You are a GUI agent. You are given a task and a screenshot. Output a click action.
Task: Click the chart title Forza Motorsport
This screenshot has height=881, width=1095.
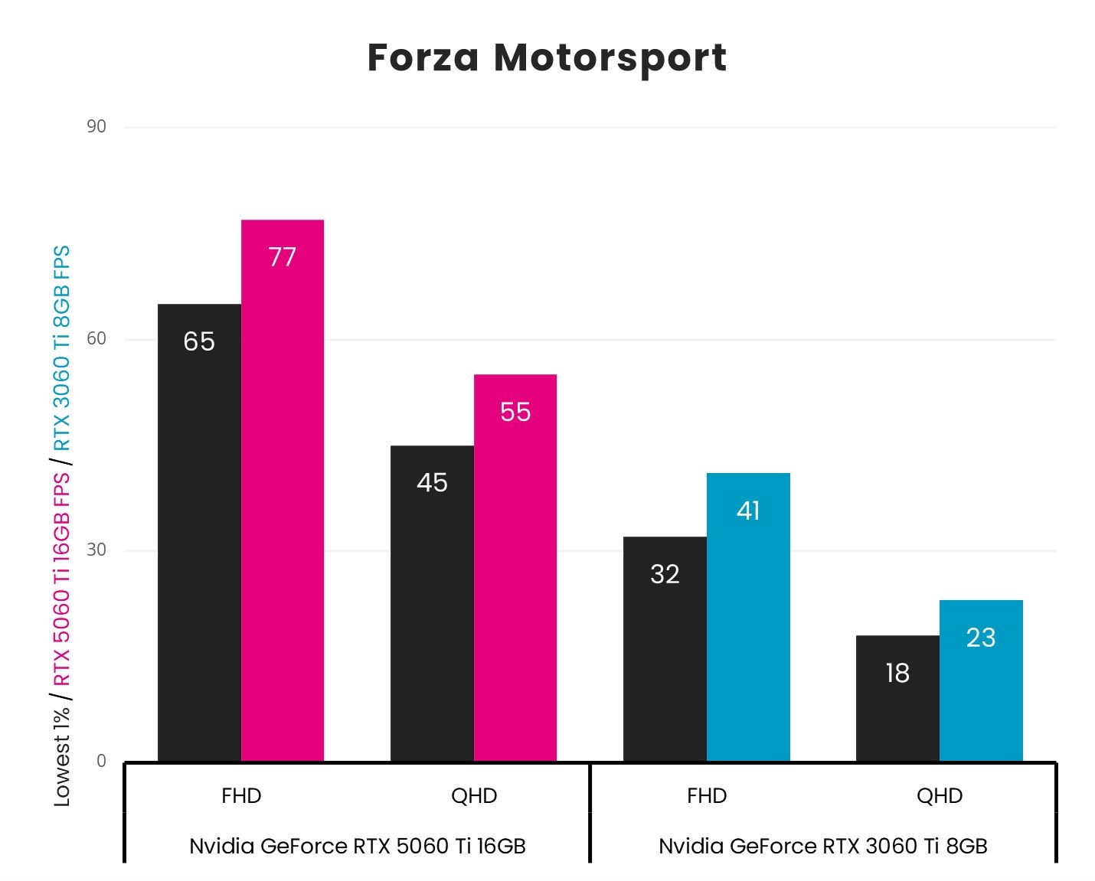547,58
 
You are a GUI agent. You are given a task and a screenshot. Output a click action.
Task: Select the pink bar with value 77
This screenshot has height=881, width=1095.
283,490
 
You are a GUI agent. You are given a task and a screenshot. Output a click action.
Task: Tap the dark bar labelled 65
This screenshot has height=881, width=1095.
199,532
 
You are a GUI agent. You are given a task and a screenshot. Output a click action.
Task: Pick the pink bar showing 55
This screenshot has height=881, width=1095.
515,567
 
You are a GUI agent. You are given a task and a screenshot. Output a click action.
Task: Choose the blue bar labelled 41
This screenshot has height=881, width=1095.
748,617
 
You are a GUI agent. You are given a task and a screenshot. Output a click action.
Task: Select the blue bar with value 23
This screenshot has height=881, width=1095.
981,680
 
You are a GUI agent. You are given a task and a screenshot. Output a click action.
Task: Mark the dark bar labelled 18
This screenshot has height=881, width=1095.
897,698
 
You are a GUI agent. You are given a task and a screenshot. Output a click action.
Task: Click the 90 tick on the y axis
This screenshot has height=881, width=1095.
96,126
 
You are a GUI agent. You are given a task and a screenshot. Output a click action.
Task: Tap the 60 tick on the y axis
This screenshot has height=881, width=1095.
96,338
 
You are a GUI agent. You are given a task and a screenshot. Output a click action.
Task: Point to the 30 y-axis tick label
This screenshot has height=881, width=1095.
96,550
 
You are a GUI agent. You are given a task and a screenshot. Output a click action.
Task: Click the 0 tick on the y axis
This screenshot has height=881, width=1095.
101,762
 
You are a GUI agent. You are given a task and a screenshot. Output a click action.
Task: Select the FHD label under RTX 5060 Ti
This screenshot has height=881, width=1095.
241,796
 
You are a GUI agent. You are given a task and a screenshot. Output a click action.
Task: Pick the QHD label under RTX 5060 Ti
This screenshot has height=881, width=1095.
474,796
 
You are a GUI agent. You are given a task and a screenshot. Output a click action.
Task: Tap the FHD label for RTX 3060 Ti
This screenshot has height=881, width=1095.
707,796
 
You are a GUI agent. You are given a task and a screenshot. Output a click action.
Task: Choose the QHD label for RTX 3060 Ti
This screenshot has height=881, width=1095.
940,796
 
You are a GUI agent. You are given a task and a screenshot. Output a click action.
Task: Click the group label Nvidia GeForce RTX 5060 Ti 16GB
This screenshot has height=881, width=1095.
357,846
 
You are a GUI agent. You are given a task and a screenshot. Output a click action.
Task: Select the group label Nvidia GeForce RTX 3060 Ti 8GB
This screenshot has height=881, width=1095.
823,846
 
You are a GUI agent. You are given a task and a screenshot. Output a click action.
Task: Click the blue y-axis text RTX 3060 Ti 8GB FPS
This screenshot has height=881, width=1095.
61,348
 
